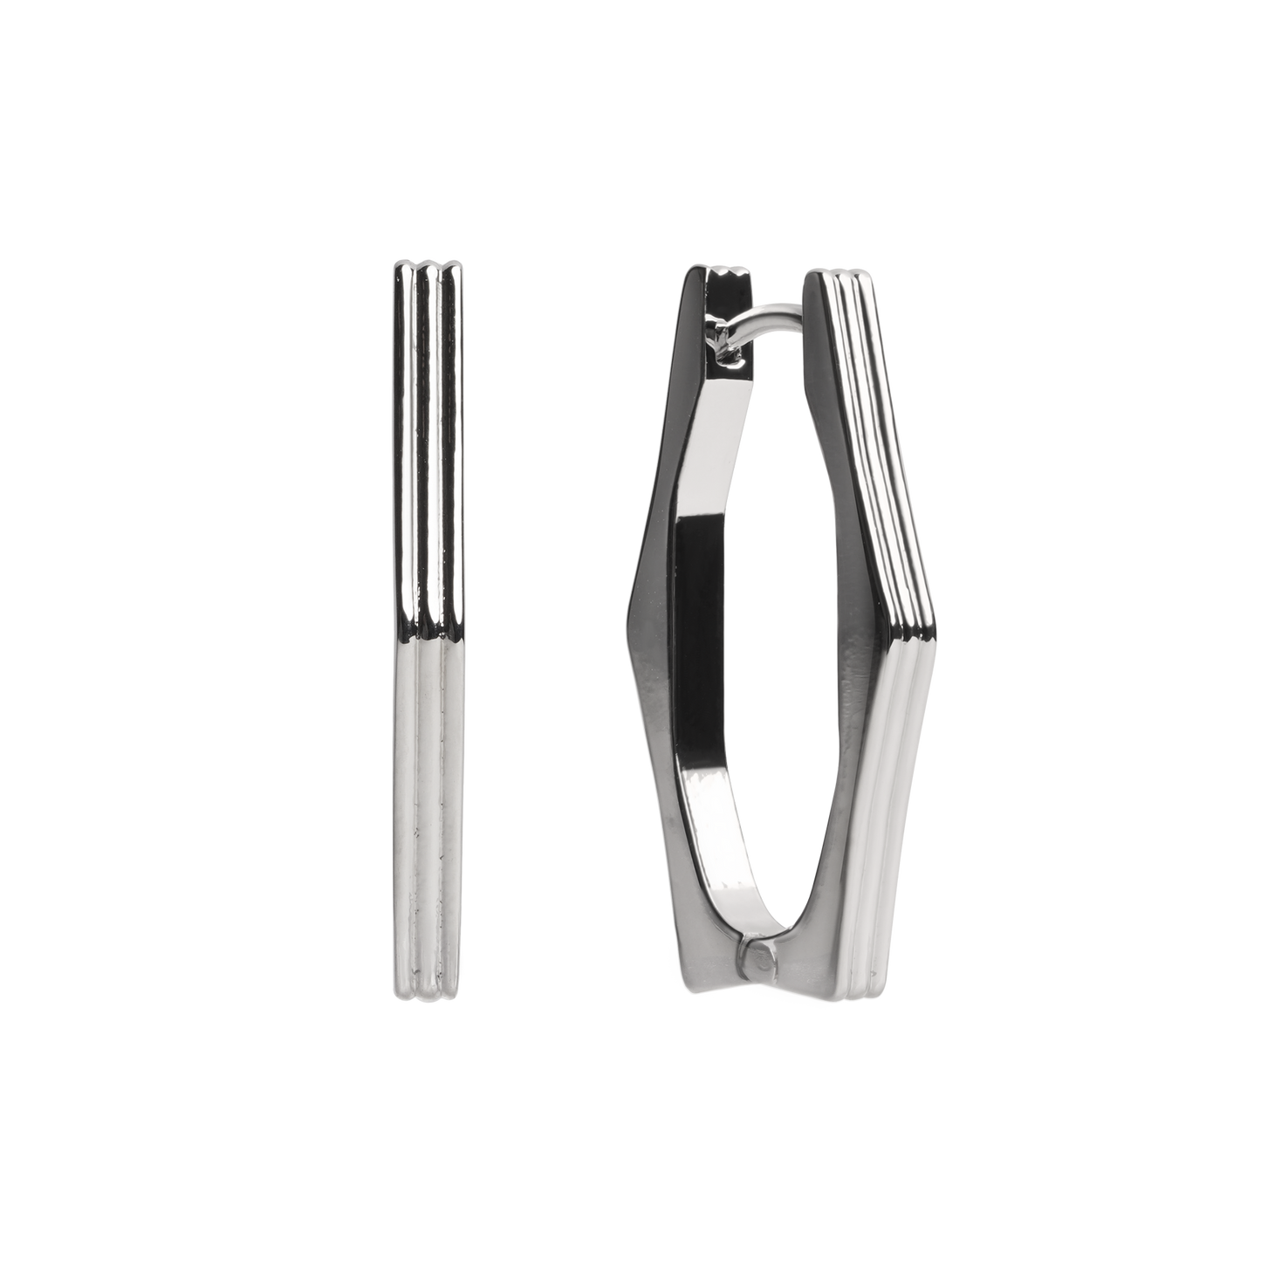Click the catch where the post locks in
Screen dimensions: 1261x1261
tap(723, 343)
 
